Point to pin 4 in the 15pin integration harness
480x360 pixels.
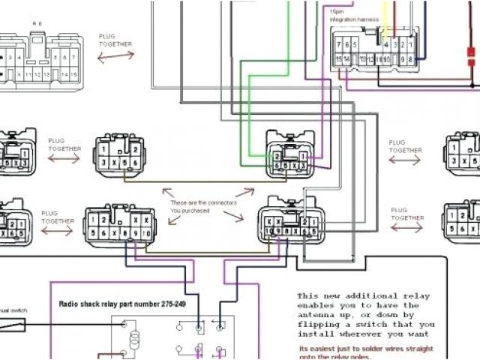pos(385,44)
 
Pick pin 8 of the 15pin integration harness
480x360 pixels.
pos(410,58)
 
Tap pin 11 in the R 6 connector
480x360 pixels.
pos(28,76)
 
